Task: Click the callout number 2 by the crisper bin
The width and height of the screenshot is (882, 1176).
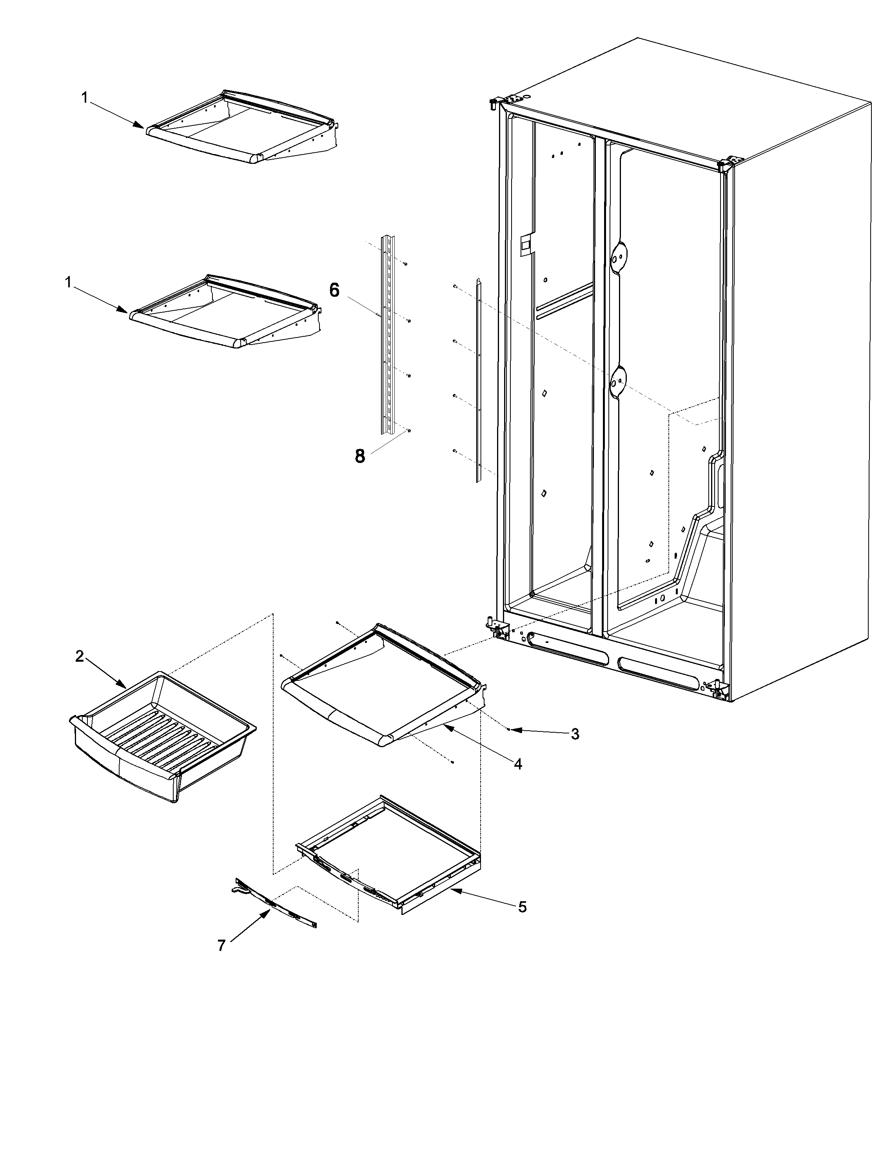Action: click(x=79, y=657)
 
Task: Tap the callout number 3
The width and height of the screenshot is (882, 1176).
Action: click(x=575, y=734)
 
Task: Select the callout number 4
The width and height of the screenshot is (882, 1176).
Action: click(x=518, y=764)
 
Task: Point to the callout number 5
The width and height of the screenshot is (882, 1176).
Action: click(x=522, y=907)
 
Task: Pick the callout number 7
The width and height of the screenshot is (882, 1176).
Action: click(x=222, y=945)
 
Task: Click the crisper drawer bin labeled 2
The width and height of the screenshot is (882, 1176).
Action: click(x=160, y=734)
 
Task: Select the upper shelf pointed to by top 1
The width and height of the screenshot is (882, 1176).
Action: click(x=239, y=127)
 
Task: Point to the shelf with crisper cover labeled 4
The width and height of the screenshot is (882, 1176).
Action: click(x=383, y=686)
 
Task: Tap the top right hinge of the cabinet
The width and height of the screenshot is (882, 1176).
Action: click(x=728, y=163)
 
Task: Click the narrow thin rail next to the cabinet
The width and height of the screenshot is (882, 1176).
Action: click(x=478, y=380)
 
